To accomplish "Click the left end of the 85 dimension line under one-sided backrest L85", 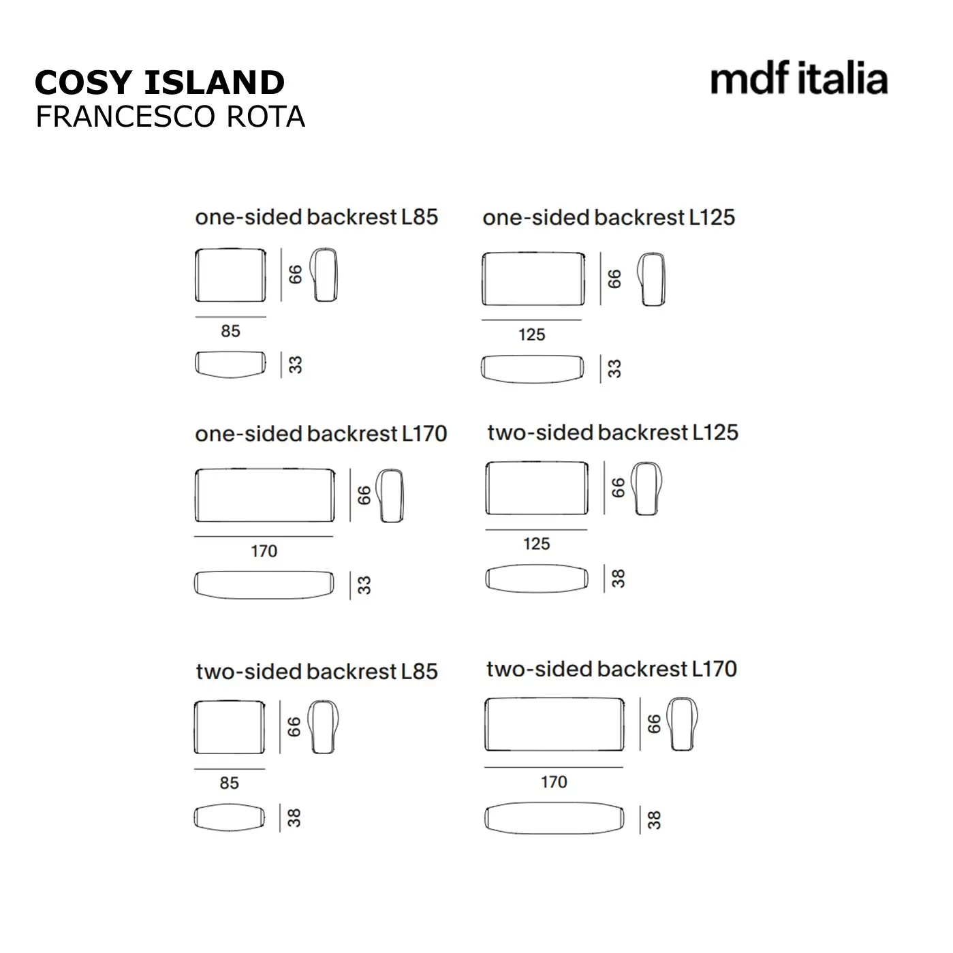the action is coord(196,317).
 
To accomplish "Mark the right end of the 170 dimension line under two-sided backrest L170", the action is coord(623,767).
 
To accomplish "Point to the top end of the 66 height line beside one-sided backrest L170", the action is coord(350,469).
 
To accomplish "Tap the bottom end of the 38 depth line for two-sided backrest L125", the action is coord(604,592).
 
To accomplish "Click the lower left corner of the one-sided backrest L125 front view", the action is coord(483,304).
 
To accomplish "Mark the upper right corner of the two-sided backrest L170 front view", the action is coord(623,698).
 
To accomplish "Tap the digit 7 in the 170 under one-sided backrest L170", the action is coord(264,551).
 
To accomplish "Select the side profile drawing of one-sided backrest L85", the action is coord(324,275).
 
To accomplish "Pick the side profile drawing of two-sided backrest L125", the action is coord(646,488).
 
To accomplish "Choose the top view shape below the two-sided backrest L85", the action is coord(230,817).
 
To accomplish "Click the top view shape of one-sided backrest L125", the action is coord(532,369).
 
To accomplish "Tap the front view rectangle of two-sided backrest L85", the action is coord(230,727).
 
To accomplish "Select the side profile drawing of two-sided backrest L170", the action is coord(682,724).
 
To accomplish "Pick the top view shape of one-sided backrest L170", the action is coord(264,585).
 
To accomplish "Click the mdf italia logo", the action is coord(798,78).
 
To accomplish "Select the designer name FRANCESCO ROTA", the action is coord(170,116).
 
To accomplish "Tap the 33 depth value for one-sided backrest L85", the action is coord(295,365).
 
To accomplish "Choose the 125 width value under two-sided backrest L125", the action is coord(537,544).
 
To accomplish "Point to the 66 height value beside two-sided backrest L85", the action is coord(294,727).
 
